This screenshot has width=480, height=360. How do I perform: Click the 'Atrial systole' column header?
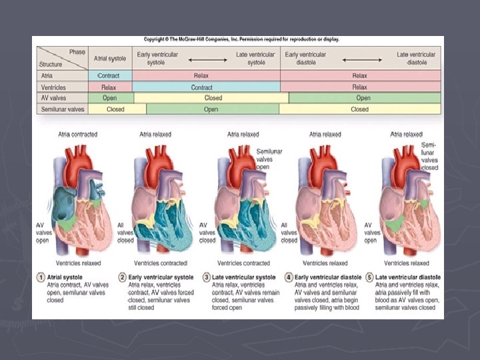110,59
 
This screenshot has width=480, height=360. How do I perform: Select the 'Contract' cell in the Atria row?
110,76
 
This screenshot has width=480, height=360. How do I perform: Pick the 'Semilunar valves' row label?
61,109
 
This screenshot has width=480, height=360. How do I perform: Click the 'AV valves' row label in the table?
52,98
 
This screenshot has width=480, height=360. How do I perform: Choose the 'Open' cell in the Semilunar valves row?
211,109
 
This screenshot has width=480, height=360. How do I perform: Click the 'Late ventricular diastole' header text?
416,59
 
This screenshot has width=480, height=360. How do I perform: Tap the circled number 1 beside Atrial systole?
40,277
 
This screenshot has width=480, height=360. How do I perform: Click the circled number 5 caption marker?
371,277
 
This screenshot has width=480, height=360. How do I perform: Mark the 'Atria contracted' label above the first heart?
77,135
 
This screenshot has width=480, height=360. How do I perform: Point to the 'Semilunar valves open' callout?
270,159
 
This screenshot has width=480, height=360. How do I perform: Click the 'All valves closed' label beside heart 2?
125,233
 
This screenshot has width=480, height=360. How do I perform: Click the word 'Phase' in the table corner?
77,52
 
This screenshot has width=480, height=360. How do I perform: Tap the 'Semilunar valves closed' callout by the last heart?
429,157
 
